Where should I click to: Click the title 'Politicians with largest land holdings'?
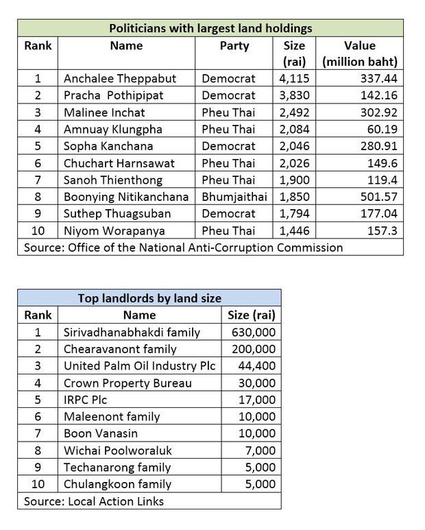(210, 28)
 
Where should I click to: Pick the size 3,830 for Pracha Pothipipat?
(295, 95)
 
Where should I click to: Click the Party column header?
(234, 46)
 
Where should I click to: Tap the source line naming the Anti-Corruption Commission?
(183, 248)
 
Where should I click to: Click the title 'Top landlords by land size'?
(149, 298)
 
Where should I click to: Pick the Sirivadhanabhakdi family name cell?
(132, 332)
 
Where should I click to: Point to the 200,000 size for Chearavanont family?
(254, 349)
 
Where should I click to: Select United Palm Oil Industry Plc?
(139, 366)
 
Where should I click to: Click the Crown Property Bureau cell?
(127, 383)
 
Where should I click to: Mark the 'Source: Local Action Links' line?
(94, 501)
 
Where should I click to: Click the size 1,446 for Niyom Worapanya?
(295, 231)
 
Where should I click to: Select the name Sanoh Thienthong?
(113, 180)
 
